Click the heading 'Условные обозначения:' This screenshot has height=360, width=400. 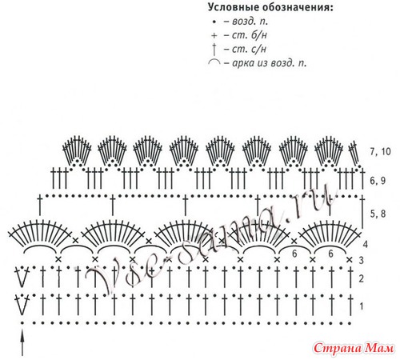(x=270, y=7)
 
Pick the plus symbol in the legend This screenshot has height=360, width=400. (x=214, y=35)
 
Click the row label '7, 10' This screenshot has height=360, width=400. (x=380, y=151)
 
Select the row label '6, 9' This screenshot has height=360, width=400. (x=378, y=181)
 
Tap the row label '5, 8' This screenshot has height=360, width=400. (x=378, y=214)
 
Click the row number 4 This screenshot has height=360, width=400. (x=365, y=244)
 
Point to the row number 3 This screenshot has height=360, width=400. (x=361, y=260)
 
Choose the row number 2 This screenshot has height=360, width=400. (x=361, y=278)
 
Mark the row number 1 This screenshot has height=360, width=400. (x=362, y=306)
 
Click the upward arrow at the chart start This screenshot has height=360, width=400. (x=22, y=342)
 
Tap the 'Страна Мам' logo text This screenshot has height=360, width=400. (x=354, y=348)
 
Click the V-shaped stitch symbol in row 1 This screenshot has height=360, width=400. (x=22, y=305)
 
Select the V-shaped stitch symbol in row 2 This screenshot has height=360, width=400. (x=22, y=277)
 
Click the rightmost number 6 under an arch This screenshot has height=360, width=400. (x=330, y=254)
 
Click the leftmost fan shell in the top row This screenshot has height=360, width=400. (x=77, y=150)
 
